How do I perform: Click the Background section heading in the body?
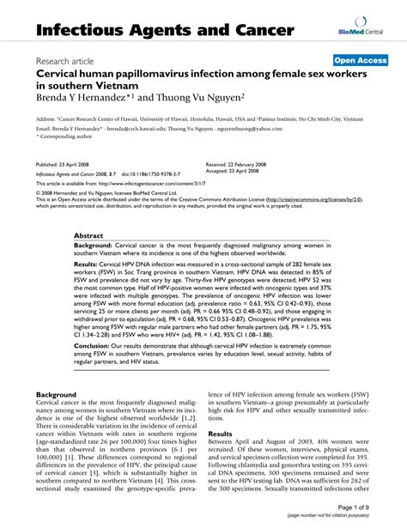[57, 394]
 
